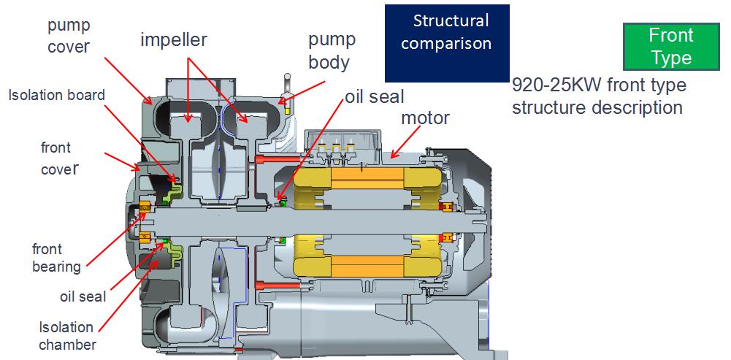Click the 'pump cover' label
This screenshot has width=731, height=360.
tap(69, 37)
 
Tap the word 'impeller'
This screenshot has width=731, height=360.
tap(174, 39)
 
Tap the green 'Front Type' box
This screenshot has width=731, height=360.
tap(671, 46)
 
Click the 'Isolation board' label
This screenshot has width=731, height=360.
tap(57, 95)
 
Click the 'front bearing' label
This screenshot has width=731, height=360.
tap(56, 256)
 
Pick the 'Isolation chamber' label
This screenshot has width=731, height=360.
tap(66, 335)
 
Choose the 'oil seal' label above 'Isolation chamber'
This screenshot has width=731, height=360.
tap(83, 296)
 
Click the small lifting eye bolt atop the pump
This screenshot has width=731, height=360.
tap(287, 83)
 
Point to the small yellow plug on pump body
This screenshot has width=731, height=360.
tap(288, 109)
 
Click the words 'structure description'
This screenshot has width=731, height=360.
tap(597, 107)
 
